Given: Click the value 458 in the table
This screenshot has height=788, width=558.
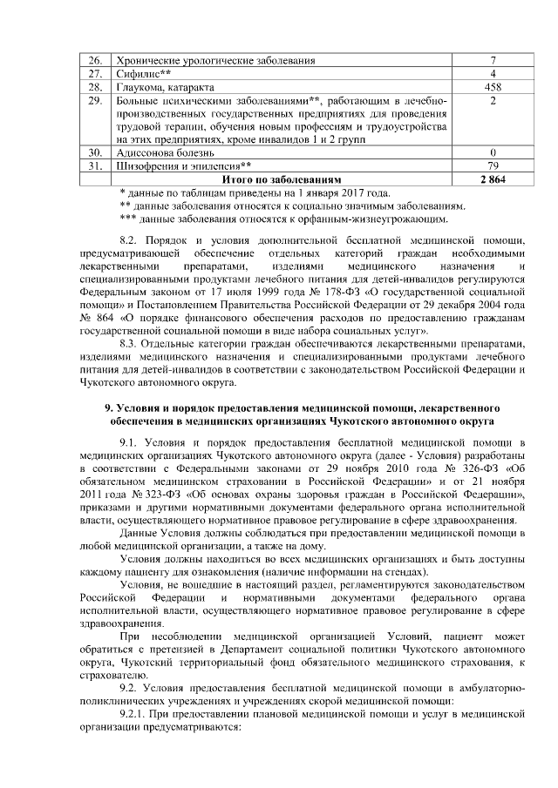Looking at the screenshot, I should (x=493, y=88).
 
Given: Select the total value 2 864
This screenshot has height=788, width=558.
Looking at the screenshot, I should (x=493, y=179).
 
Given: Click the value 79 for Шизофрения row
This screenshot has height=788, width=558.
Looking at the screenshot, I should (x=493, y=165).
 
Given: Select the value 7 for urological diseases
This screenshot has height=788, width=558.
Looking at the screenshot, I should (x=493, y=60).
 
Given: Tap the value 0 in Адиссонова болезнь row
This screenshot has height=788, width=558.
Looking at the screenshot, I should (x=493, y=152).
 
